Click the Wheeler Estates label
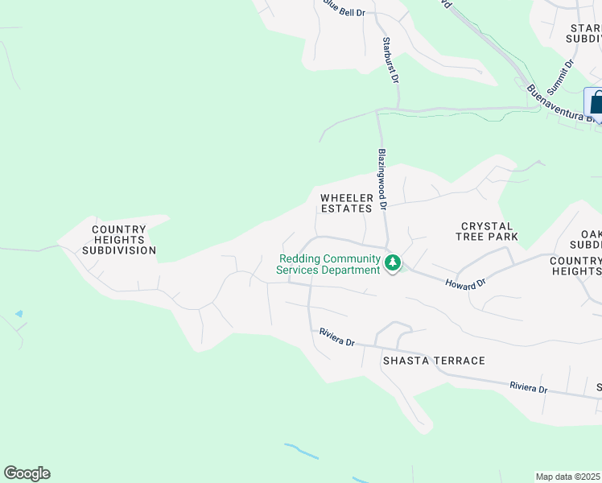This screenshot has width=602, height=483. coord(347,203)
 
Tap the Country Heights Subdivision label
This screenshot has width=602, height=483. coord(119,240)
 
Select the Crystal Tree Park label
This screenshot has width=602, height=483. coord(489,232)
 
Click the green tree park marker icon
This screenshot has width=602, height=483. coord(393,263)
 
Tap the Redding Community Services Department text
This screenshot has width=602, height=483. coord(328,264)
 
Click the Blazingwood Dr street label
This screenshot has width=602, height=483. coord(383,179)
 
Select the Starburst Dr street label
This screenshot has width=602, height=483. coord(391,60)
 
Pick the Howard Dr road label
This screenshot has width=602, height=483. coord(467,283)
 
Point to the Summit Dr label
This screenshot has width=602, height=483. coord(568,74)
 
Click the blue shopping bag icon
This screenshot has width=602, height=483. coord(596,102)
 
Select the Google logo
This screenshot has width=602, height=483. coord(27,473)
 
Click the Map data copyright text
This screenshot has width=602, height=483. coord(568,477)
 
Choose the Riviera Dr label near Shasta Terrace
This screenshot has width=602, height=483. coord(336,336)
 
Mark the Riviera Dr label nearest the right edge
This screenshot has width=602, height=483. coord(528,387)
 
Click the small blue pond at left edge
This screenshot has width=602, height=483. coord(19,313)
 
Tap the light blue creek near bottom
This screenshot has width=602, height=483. coord(302,451)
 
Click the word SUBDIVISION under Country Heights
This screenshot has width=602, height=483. coord(119,250)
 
